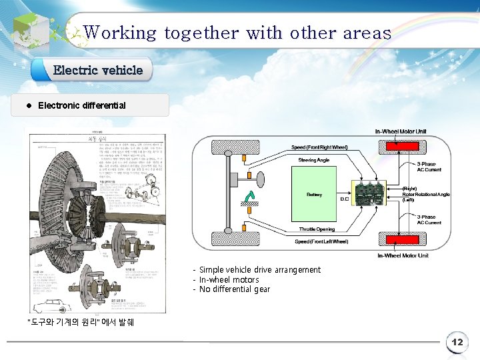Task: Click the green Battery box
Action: click(315, 195)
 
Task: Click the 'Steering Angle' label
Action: click(313, 160)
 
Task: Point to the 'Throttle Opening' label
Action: click(317, 229)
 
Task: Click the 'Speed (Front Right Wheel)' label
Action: click(320, 147)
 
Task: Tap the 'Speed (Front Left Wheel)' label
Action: click(321, 241)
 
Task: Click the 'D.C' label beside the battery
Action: click(345, 199)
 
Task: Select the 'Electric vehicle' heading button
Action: click(98, 70)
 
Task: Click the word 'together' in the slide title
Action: click(201, 33)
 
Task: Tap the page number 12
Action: click(457, 343)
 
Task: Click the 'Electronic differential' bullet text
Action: click(82, 105)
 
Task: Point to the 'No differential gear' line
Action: click(235, 289)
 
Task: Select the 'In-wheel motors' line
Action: click(229, 280)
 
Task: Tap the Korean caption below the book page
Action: click(79, 323)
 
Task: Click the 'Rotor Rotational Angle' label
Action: click(426, 194)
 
